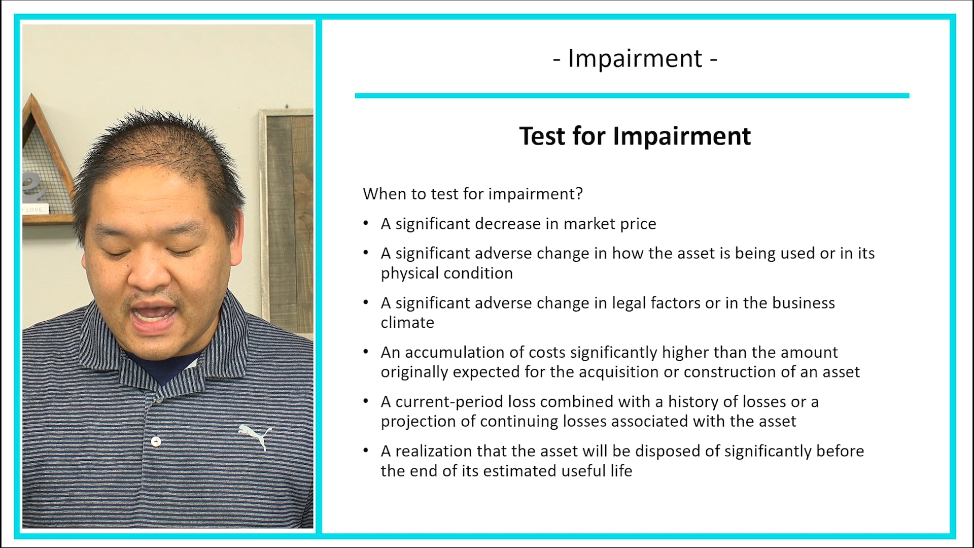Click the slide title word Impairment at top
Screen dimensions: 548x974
(635, 58)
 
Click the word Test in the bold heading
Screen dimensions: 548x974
(542, 136)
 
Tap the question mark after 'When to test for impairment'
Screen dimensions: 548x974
(579, 194)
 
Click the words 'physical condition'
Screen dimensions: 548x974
(446, 273)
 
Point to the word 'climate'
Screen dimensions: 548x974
(407, 323)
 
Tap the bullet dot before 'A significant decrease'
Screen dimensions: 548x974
(366, 223)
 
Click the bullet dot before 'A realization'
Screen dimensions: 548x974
(366, 451)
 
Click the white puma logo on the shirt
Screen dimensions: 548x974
(256, 436)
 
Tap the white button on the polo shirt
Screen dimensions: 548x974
(156, 441)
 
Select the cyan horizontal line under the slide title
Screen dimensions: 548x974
(632, 95)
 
